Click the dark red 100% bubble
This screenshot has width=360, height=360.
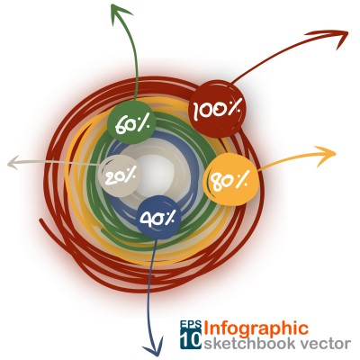coord(217,109)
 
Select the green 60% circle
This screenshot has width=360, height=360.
coord(131,122)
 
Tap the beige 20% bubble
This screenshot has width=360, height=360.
coord(119,176)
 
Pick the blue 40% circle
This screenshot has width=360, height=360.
coord(158,218)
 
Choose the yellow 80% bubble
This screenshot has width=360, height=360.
coord(230,179)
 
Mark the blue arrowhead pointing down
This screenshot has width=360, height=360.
coord(153,346)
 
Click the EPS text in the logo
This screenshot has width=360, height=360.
coord(191,325)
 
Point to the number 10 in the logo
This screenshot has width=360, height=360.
coord(191,339)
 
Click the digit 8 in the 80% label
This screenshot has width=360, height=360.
coord(215,182)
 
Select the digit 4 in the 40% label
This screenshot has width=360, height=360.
coord(146,217)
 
